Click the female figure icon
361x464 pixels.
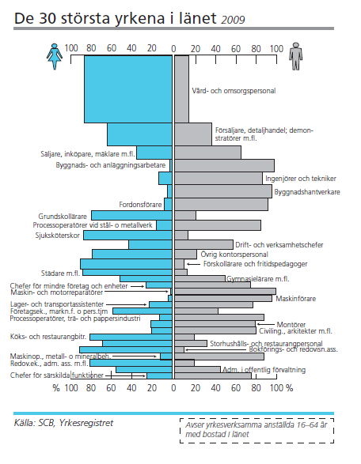(x=55, y=56)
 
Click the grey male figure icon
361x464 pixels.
(x=296, y=56)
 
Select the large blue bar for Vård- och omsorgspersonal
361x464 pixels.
(x=128, y=89)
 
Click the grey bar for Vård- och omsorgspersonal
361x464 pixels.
(x=181, y=89)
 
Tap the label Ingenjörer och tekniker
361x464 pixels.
(x=301, y=179)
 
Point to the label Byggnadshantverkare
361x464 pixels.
(x=307, y=192)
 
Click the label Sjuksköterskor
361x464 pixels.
(x=58, y=236)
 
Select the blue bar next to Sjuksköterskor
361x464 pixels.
(x=127, y=236)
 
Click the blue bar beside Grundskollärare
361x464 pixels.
(x=131, y=216)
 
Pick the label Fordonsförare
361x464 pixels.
(x=140, y=205)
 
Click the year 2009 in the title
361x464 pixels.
(x=233, y=20)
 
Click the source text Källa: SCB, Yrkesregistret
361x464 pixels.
(x=63, y=423)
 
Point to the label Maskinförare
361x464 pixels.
(x=296, y=299)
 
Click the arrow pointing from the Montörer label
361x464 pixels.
(x=265, y=325)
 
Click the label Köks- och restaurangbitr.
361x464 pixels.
(x=48, y=337)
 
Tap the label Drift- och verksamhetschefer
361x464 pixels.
(x=279, y=245)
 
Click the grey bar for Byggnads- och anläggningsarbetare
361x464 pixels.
(x=224, y=165)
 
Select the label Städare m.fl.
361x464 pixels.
(x=60, y=273)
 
